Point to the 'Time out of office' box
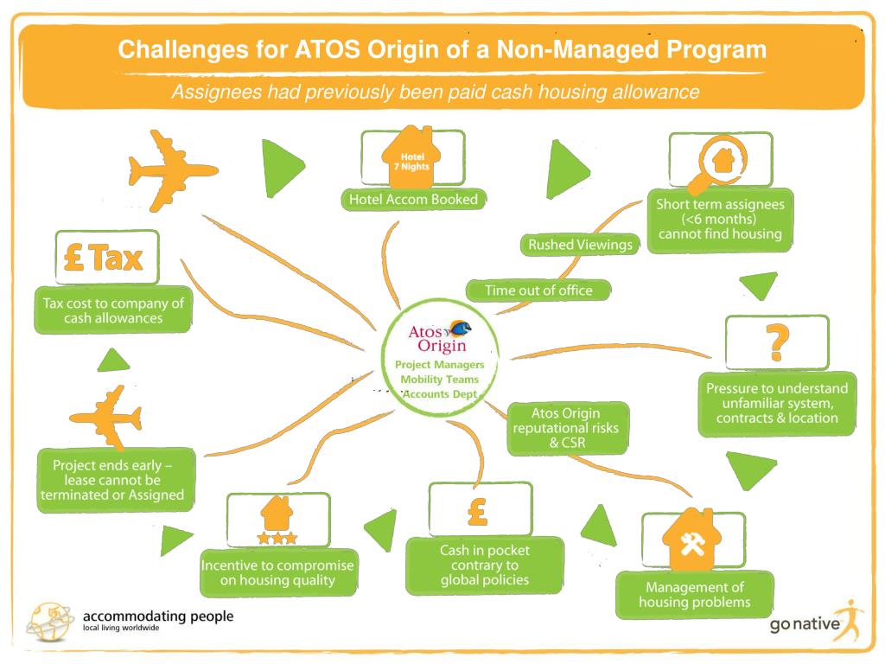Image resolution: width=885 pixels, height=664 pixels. click(x=538, y=290)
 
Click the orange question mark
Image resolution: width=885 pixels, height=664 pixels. click(x=777, y=343)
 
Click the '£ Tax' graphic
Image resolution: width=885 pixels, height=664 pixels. click(x=105, y=258)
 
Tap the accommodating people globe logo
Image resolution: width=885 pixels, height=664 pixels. click(x=51, y=620)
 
